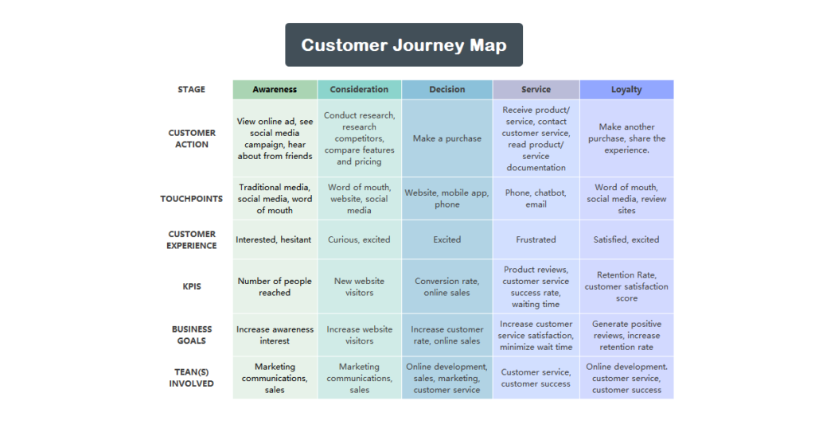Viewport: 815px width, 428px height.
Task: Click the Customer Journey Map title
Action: click(x=404, y=45)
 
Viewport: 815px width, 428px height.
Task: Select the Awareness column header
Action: click(x=275, y=89)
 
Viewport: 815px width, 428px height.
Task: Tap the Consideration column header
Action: click(x=359, y=89)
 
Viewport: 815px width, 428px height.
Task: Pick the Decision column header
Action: click(x=446, y=89)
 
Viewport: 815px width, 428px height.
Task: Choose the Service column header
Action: click(x=536, y=89)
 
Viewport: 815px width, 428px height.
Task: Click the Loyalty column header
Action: click(x=626, y=89)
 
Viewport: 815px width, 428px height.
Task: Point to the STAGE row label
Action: click(x=191, y=89)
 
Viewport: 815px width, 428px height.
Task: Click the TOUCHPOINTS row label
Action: click(x=191, y=199)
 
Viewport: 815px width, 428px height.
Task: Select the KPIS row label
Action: click(x=191, y=286)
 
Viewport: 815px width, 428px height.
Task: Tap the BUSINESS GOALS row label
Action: click(x=191, y=335)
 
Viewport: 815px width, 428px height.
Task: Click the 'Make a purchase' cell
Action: click(x=446, y=138)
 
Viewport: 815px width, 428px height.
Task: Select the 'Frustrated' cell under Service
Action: click(x=536, y=239)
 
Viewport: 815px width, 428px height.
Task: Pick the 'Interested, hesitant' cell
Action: click(x=274, y=239)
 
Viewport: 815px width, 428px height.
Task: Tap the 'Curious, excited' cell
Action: click(x=359, y=239)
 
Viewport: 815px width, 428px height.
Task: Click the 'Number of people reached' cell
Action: click(x=275, y=286)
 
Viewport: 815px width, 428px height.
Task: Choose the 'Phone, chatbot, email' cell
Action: click(x=536, y=198)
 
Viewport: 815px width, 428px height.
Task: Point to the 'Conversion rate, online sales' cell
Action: click(x=446, y=286)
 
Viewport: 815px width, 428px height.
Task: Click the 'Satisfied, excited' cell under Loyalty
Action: click(x=626, y=239)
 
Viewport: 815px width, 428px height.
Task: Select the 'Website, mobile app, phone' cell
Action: click(x=446, y=198)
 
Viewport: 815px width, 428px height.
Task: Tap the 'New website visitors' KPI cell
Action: click(x=359, y=286)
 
